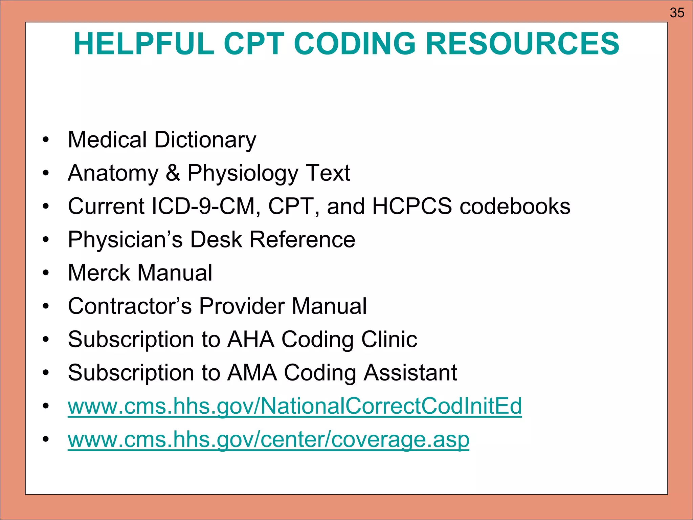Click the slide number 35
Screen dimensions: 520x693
[x=677, y=13]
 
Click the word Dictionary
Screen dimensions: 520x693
[x=205, y=140]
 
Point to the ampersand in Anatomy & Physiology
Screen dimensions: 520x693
[x=173, y=173]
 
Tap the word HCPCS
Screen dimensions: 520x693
[x=412, y=206]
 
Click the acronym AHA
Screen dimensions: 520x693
[x=251, y=339]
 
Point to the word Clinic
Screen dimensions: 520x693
[x=389, y=339]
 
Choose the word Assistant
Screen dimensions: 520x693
[x=410, y=373]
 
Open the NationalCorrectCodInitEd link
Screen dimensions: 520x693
[x=294, y=406]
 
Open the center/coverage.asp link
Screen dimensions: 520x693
[x=268, y=439]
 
